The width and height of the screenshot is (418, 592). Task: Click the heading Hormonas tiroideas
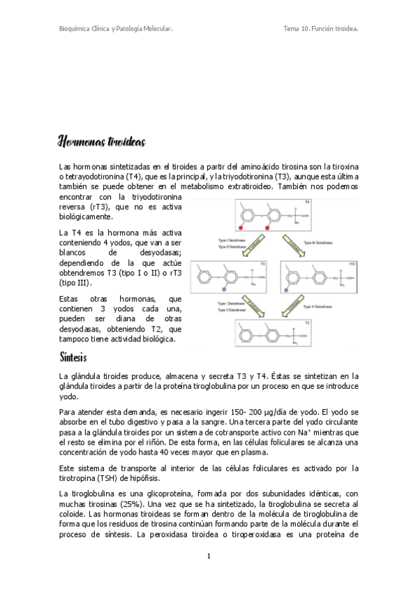(102, 142)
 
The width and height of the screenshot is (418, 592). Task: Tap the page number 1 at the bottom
(209, 556)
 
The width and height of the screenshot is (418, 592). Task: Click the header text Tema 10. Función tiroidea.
(322, 29)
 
